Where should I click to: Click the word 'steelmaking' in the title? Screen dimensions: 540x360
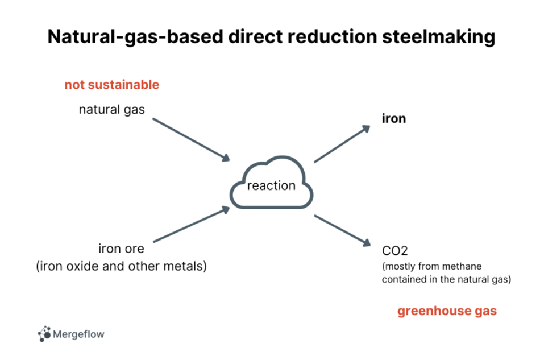[438, 37]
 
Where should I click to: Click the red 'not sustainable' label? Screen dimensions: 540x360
[112, 85]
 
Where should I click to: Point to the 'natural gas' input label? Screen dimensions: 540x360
[112, 110]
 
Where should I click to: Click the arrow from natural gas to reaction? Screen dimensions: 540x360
[191, 140]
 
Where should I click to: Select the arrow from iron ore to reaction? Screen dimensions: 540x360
[192, 224]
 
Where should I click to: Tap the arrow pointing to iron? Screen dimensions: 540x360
[342, 144]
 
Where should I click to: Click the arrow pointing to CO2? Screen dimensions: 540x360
[342, 231]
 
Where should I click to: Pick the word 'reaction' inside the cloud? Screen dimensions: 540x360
[271, 185]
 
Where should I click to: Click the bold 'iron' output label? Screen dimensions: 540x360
[394, 118]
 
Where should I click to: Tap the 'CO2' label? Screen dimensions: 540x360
[395, 250]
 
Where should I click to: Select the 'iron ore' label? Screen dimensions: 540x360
[121, 249]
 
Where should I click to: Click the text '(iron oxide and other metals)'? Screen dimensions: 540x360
[121, 266]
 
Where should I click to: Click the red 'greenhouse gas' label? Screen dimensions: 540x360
[447, 311]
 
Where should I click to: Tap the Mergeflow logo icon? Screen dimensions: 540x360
[44, 334]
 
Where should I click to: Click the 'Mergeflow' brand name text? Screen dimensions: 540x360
[78, 334]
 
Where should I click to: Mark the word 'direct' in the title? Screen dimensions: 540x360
[256, 36]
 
